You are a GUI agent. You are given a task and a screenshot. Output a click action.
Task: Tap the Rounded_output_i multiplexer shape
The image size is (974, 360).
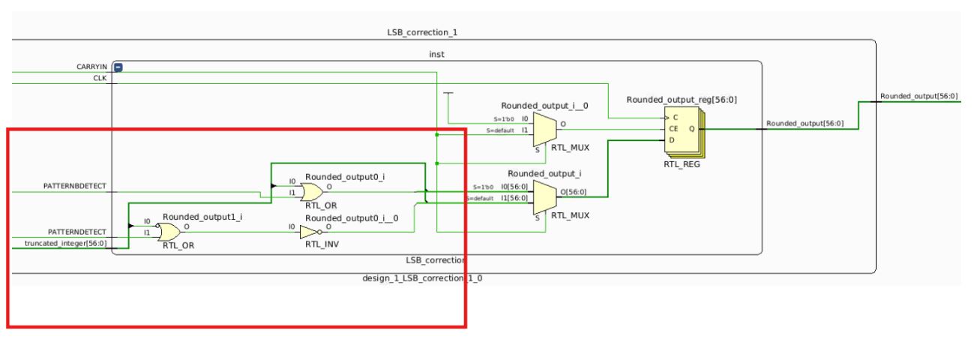tap(545, 196)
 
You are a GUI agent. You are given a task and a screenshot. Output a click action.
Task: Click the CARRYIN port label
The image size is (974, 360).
tap(91, 67)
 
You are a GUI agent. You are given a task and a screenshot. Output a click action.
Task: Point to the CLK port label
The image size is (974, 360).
tap(100, 77)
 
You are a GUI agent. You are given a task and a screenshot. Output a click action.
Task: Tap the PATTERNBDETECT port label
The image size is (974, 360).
tap(76, 185)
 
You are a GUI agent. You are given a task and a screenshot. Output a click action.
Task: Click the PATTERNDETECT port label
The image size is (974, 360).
tap(78, 232)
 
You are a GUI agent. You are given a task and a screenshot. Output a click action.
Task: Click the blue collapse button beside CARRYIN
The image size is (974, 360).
tap(117, 67)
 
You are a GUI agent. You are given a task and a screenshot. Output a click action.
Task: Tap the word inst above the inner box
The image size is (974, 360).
tap(436, 54)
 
